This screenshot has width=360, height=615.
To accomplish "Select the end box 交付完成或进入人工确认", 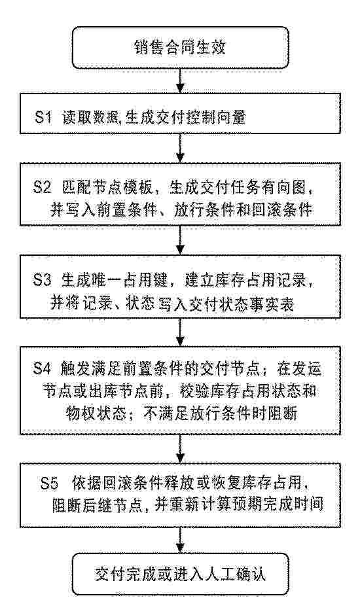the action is [x=180, y=575].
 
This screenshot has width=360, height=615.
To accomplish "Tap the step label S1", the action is [x=43, y=118].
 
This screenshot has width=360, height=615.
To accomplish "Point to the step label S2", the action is [x=43, y=190].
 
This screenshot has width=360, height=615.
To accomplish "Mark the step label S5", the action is [x=49, y=485].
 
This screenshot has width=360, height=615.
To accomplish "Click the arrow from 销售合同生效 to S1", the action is [x=180, y=82].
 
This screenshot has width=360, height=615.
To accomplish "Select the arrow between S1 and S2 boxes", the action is [x=180, y=149].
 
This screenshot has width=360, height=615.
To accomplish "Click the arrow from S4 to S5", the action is [x=180, y=448].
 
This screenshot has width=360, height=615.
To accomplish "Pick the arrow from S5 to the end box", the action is [x=180, y=540].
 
